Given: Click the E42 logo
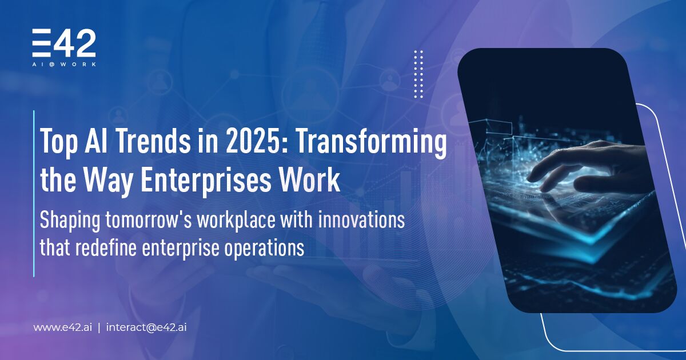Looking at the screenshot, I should point(63,43).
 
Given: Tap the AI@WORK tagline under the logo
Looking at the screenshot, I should point(64,65).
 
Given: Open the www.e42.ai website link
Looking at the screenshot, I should point(63,327).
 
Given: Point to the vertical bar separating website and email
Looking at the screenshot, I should point(99,327).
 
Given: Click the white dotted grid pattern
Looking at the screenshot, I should point(418,74).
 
